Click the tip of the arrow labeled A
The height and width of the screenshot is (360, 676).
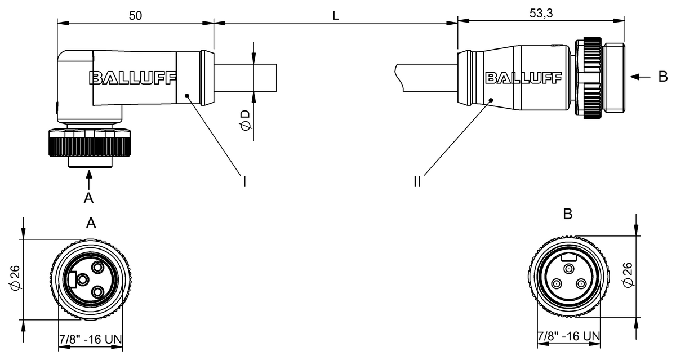pos(89,170)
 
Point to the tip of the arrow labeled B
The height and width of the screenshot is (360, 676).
pos(630,77)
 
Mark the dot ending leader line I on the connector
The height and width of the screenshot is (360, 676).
pos(187,96)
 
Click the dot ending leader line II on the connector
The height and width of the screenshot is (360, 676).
pos(491,100)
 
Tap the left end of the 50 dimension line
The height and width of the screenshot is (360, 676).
pos(57,23)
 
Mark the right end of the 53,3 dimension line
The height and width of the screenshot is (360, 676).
pos(625,20)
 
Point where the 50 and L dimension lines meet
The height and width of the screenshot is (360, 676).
pos(214,23)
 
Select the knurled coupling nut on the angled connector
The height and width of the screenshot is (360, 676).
pos(90,143)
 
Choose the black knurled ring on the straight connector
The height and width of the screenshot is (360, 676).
pos(592,78)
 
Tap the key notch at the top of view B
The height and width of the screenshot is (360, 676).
pos(569,258)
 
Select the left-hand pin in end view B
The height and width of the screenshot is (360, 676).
pos(557,284)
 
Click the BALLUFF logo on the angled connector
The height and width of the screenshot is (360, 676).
pos(132,78)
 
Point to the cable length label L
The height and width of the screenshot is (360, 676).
pos(336,16)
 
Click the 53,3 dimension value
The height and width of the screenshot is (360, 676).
pos(541,14)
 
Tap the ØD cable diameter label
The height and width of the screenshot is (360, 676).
pos(246,121)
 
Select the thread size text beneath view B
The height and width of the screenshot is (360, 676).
pos(569,336)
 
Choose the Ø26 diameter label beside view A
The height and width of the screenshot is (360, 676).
pos(15,278)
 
